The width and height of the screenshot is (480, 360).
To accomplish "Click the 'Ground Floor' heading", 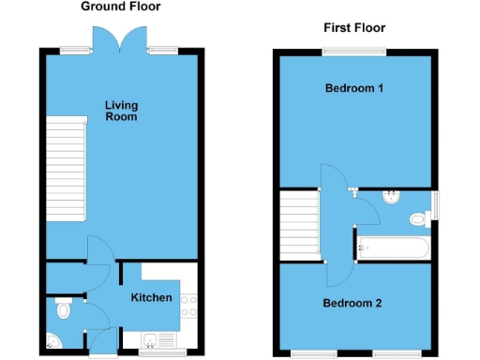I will coord(120,7).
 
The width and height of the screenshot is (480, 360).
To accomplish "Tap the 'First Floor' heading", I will coord(353,28).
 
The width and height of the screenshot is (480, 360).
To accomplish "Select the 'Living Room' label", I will coord(120,111).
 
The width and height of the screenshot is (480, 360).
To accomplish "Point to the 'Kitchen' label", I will coord(151,297).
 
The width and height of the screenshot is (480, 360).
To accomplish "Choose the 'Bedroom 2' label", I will coord(352,303).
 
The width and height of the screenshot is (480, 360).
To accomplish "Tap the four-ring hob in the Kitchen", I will coord(188,304).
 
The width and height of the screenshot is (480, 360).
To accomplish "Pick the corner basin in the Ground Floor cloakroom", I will coord(52,340).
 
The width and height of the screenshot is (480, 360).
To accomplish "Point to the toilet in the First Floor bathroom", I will coord(419,218).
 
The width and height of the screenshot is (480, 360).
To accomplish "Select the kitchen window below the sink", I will coord(153,353).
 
